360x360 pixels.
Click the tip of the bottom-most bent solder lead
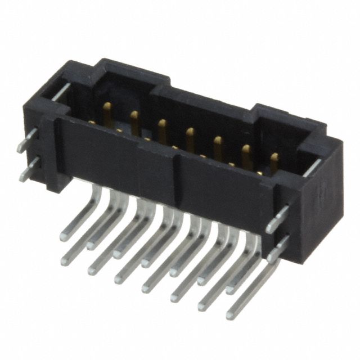[231, 316]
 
